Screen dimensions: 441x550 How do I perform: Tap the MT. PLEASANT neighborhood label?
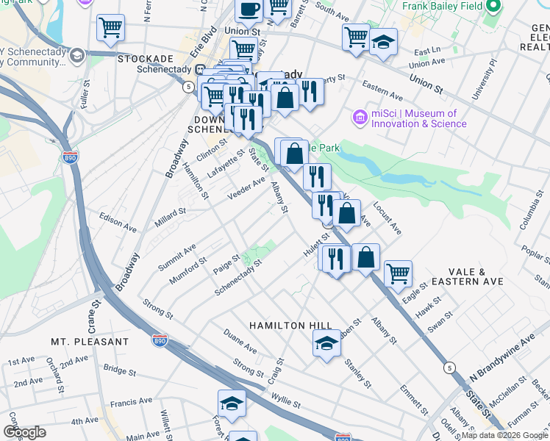(x=90, y=342)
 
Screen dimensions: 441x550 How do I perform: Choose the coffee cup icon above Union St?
(x=249, y=10)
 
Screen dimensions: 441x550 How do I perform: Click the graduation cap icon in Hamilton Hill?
(x=327, y=343)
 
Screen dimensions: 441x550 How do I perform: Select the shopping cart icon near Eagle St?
(x=398, y=273)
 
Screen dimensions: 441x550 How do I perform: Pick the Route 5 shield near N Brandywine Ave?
(x=448, y=367)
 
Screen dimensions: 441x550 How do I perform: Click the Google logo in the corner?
(x=24, y=432)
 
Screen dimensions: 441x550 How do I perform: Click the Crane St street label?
(x=95, y=315)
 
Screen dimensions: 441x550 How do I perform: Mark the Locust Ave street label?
(x=387, y=219)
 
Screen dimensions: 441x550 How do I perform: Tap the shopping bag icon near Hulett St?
(x=365, y=257)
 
